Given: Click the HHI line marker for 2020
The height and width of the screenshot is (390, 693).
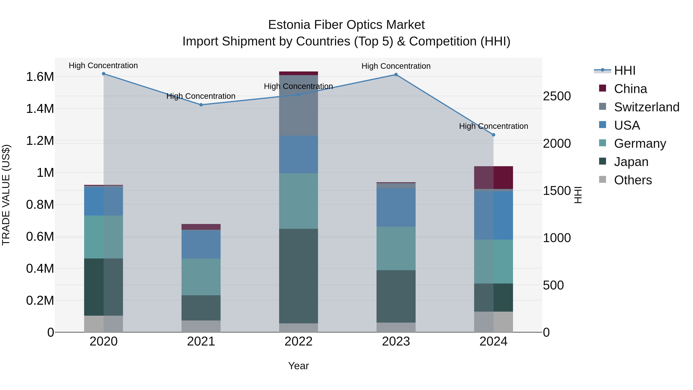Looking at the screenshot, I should click(104, 74).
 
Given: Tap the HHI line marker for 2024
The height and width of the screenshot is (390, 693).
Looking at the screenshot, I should click(493, 135).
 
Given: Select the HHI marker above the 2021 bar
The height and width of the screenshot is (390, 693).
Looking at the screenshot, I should click(201, 105).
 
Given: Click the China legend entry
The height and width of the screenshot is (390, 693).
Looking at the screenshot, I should click(630, 89).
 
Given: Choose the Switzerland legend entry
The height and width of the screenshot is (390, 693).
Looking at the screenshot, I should click(646, 107).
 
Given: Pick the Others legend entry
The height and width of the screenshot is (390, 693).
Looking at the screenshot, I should click(633, 180).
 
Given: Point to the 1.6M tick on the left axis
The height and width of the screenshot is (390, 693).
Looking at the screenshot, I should click(40, 77).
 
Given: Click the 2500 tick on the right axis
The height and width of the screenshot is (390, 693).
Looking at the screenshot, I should click(557, 96).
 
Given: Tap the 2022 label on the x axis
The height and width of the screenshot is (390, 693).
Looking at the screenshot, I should click(298, 341).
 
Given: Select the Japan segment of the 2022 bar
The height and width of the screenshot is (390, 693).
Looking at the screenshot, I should click(298, 276).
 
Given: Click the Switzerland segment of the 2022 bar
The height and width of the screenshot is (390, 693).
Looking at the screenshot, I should click(298, 106).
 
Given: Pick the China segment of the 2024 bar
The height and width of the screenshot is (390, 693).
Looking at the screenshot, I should click(493, 178).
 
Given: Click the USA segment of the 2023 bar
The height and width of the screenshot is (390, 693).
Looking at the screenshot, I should click(396, 207).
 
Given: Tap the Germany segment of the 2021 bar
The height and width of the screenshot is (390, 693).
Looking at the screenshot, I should click(201, 277).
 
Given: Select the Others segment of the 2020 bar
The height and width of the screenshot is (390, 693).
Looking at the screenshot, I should click(104, 324).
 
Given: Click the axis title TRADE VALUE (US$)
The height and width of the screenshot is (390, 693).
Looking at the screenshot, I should click(6, 195).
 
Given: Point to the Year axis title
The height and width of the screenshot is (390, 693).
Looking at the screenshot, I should click(298, 366).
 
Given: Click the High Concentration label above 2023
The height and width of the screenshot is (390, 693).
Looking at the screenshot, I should click(396, 66).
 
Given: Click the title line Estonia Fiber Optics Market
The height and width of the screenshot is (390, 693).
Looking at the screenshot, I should click(346, 25).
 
